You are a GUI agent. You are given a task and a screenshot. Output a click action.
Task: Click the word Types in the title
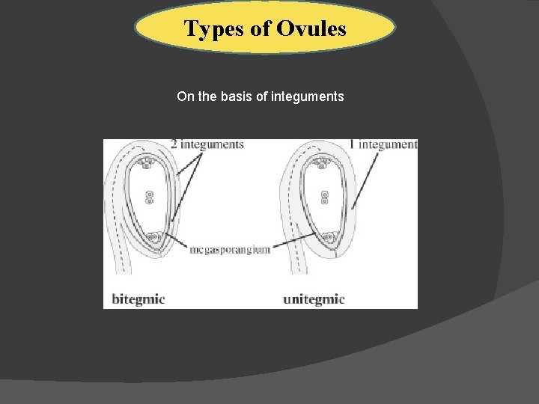210,29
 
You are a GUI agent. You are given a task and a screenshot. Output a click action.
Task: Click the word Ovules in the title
311,29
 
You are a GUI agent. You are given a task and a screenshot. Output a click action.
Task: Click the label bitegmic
138,299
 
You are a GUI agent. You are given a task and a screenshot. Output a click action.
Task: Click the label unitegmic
314,299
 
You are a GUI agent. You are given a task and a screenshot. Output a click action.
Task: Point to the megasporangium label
230,249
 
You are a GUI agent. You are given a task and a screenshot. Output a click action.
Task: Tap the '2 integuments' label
207,144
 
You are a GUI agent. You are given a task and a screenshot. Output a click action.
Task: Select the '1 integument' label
383,144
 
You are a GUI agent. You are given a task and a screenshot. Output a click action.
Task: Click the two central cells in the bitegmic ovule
150,197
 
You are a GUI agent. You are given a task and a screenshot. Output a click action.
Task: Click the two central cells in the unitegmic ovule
325,197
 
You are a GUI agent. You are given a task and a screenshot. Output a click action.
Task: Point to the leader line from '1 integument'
366,177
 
